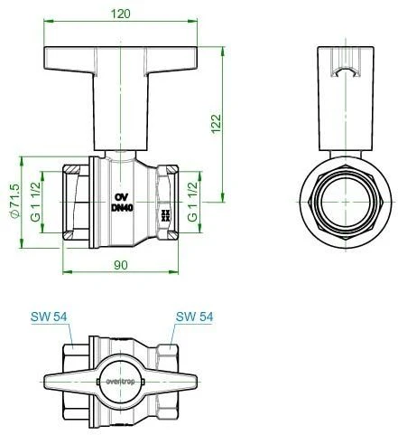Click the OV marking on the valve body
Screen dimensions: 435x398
(x=120, y=196)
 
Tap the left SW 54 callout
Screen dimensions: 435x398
(x=47, y=317)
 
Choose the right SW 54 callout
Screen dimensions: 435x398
(x=193, y=317)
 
